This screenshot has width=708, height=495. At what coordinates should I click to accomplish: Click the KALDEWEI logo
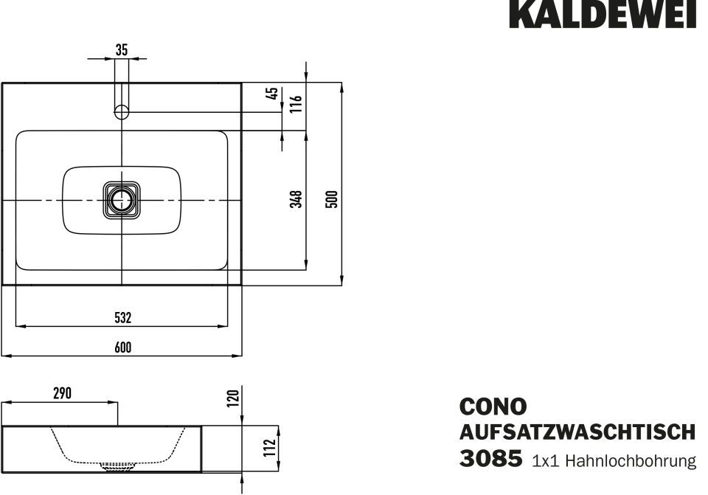(x=603, y=14)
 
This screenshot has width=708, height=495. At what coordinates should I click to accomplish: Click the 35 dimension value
(x=122, y=49)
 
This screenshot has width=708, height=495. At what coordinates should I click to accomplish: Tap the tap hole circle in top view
(x=122, y=111)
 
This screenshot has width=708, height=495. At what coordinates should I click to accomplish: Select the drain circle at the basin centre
(x=121, y=200)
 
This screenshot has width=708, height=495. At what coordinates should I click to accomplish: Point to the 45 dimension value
(x=273, y=94)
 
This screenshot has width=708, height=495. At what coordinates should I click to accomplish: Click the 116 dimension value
(x=296, y=104)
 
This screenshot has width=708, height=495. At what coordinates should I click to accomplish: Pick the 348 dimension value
(x=296, y=198)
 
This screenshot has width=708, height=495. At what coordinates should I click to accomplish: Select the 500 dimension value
(x=332, y=198)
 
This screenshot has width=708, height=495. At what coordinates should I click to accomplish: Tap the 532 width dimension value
(x=123, y=317)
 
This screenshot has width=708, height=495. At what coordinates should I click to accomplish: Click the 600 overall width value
(x=123, y=347)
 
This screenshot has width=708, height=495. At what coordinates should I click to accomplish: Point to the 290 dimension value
(x=62, y=393)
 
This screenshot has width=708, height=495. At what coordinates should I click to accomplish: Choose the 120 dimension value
(x=232, y=398)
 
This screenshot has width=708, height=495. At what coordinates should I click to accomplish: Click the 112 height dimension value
(x=270, y=448)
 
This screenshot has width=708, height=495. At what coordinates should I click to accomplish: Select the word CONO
(x=493, y=406)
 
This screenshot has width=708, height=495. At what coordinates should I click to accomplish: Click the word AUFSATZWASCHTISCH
(x=577, y=432)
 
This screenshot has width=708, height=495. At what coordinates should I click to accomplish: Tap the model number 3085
(x=491, y=458)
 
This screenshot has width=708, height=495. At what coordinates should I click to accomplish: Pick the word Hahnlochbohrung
(x=631, y=460)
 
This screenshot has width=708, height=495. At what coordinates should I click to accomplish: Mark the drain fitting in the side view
(x=119, y=466)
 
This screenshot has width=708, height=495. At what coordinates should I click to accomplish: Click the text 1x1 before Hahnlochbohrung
(x=546, y=461)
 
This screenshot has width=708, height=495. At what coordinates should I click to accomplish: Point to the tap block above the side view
(x=60, y=413)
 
